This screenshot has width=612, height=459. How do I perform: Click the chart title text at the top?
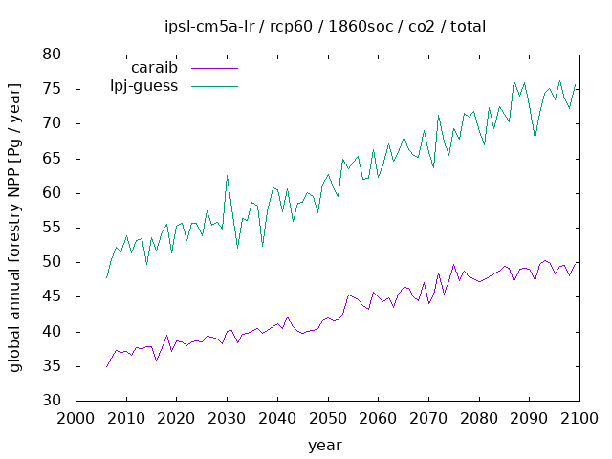coord(324,26)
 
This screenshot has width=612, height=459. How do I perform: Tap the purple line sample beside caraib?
coord(213,69)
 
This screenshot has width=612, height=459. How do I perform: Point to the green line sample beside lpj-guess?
coord(213,86)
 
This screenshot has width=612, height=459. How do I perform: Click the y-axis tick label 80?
coord(53,55)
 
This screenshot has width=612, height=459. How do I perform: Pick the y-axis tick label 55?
coord(53,228)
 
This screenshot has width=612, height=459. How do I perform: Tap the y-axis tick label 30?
coord(53,401)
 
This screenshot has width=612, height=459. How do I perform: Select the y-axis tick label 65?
coord(53,159)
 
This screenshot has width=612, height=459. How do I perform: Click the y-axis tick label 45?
coord(53,296)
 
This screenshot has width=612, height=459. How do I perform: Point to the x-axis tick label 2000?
coord(75,419)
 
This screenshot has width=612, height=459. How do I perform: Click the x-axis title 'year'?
coord(324,445)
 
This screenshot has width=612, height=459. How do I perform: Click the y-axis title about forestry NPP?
coord(16,228)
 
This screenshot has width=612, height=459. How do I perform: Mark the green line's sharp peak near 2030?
coord(227,175)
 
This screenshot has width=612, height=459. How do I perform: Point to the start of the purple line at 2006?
coord(106,367)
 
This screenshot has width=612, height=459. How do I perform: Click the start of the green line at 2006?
coord(106,277)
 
